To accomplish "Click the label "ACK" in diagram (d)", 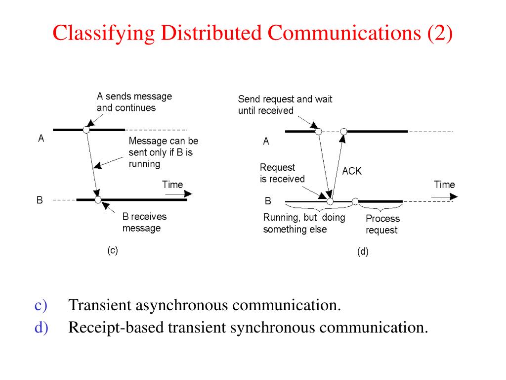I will (x=352, y=171).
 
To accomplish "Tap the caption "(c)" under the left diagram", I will (x=113, y=250).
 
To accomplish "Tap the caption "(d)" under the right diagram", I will (x=363, y=252).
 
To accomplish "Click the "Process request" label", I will (x=382, y=224).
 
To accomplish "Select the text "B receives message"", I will (x=144, y=222).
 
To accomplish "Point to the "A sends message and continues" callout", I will (x=134, y=102).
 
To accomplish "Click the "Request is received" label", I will (x=282, y=173).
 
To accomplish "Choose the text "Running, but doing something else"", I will (x=304, y=223).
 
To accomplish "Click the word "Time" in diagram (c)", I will (x=172, y=185).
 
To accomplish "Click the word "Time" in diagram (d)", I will (x=444, y=185).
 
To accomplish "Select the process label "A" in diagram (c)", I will (x=41, y=139).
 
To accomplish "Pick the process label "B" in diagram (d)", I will (x=268, y=201).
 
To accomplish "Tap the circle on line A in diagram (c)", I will (x=86, y=130).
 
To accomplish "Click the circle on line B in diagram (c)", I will (x=98, y=200).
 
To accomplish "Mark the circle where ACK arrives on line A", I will (x=344, y=132).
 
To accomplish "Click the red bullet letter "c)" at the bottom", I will (x=41, y=305).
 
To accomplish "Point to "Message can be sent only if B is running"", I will (x=163, y=152).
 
